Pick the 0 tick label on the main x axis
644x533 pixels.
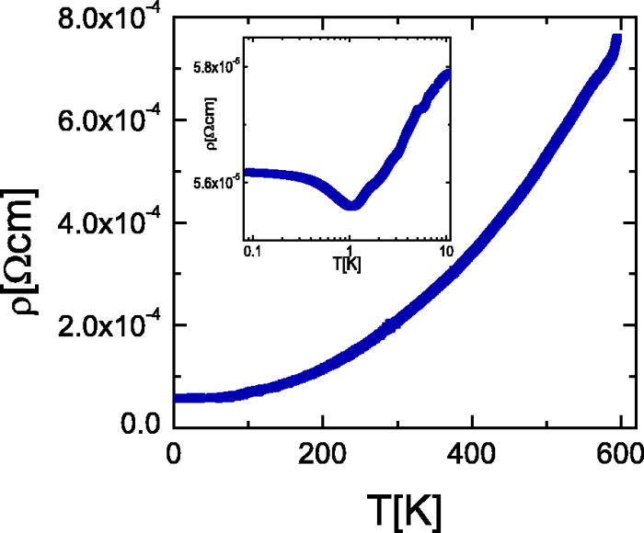172,454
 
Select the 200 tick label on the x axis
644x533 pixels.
322,454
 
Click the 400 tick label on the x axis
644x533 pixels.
472,454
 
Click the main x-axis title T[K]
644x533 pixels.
394,503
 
